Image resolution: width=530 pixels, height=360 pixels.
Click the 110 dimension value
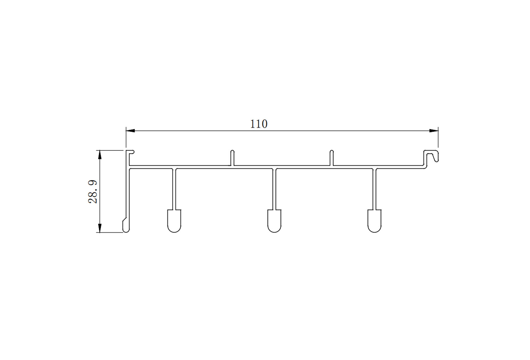(x=259, y=124)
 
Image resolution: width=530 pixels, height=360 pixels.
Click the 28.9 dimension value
(x=93, y=192)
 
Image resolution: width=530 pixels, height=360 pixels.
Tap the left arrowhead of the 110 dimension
(x=130, y=131)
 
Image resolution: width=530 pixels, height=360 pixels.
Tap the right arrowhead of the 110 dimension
(x=434, y=131)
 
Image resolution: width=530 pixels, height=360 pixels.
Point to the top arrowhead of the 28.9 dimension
(x=99, y=155)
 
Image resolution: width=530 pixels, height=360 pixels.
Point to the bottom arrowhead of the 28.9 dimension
(x=99, y=228)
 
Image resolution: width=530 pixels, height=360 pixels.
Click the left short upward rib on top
(x=232, y=158)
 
